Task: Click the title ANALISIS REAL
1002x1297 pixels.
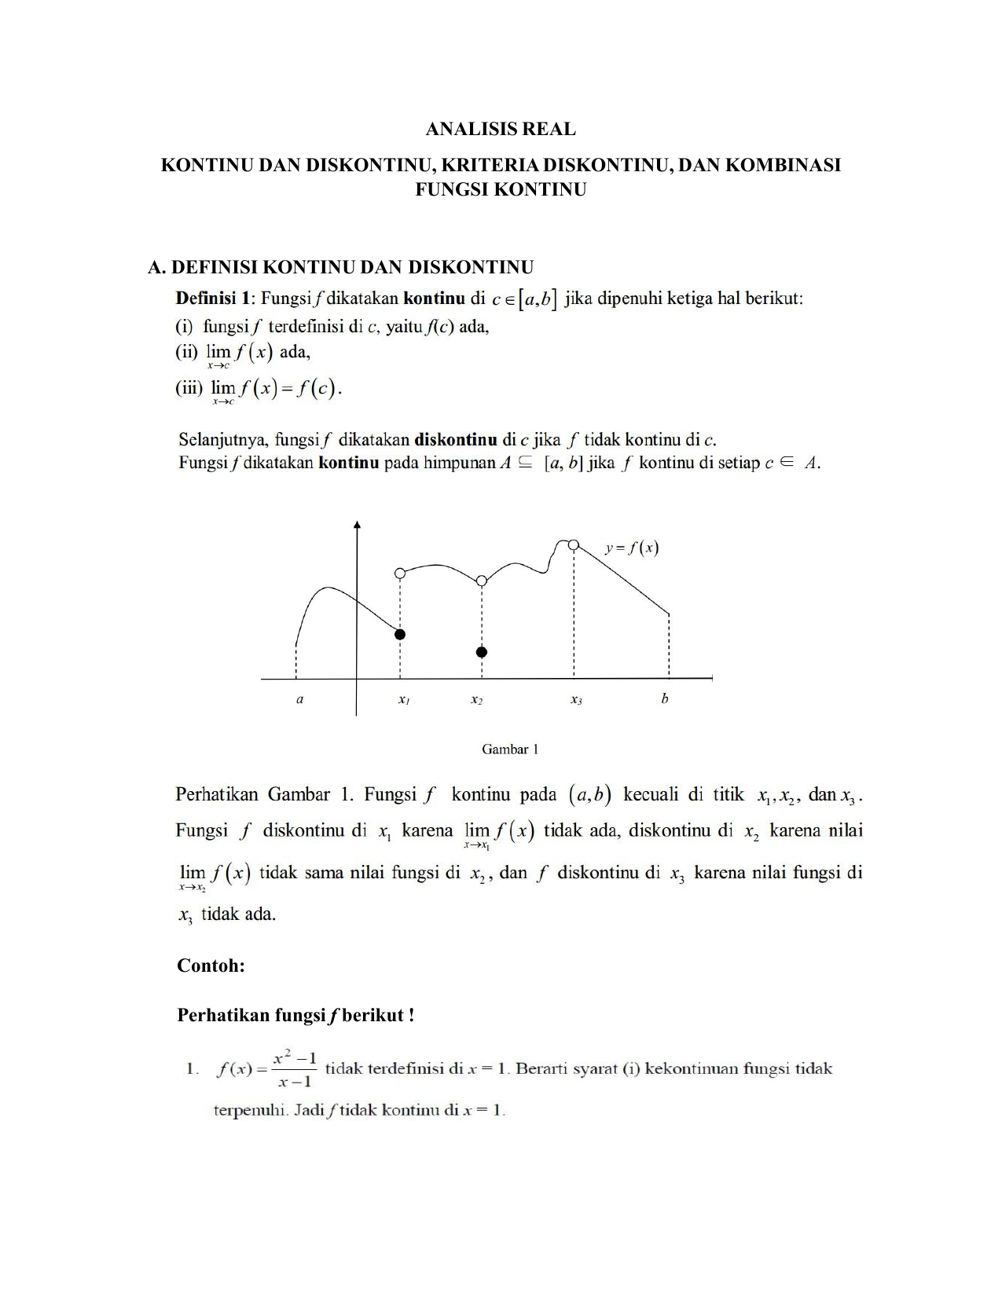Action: coord(501,129)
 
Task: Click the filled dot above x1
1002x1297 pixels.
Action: coord(400,634)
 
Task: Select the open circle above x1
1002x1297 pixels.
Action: coord(400,573)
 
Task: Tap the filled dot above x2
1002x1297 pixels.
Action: coord(482,652)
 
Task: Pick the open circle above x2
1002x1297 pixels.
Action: coord(482,581)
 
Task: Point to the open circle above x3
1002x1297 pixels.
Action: coord(574,545)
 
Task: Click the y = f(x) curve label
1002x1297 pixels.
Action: coord(632,548)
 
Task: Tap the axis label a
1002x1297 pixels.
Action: coord(299,698)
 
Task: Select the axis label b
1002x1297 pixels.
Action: coord(665,698)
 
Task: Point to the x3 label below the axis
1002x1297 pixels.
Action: coord(576,699)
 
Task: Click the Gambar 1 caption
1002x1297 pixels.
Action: coord(510,749)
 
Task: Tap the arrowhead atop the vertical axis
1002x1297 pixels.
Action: coord(358,525)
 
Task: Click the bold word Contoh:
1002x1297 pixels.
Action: coord(211,965)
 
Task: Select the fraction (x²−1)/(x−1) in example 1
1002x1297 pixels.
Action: coord(295,1070)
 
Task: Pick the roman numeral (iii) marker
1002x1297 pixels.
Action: coord(189,388)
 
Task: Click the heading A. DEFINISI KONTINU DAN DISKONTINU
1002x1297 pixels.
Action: coord(341,267)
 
